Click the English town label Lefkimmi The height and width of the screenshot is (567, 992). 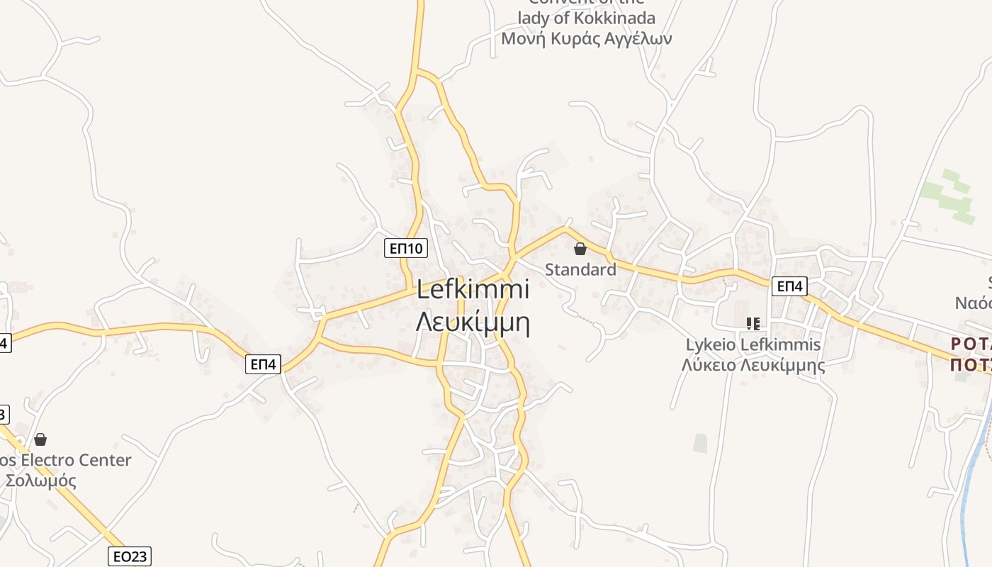(x=473, y=290)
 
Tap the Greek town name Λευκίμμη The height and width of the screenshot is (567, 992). (x=473, y=322)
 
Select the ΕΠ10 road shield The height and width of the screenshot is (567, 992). (x=407, y=248)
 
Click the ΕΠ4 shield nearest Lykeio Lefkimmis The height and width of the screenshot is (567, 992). (x=789, y=286)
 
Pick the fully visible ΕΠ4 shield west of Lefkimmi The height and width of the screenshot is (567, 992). (x=264, y=364)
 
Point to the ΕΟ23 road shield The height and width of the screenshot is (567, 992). (x=130, y=556)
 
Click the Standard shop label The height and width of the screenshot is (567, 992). (x=580, y=270)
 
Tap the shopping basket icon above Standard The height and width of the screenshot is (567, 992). (x=580, y=249)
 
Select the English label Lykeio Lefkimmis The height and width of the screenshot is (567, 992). (x=753, y=345)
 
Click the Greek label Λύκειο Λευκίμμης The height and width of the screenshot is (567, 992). (x=753, y=365)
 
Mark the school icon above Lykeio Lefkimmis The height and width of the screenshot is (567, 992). (x=753, y=324)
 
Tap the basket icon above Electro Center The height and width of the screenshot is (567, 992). (x=40, y=439)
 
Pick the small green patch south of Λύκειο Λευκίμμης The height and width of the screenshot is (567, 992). (x=700, y=443)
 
